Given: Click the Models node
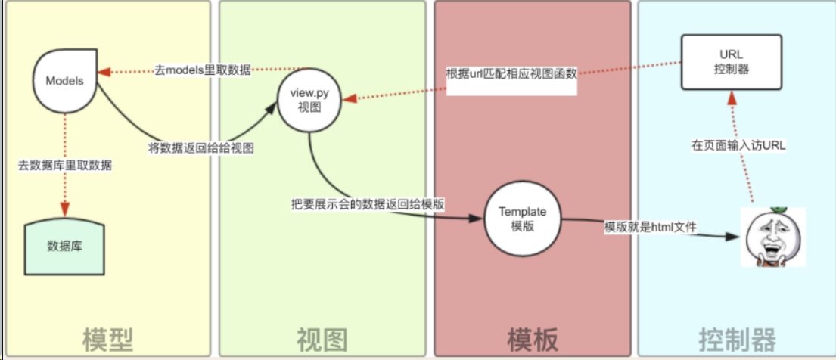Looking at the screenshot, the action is coord(65,80).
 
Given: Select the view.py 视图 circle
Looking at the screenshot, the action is coord(309,101).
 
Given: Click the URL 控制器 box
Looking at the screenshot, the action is coord(732,63).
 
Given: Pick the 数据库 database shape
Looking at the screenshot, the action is coord(64,246).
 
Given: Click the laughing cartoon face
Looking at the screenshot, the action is coord(773,237).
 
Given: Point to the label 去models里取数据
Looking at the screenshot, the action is coord(203,70).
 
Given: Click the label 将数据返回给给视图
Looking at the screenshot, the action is coord(200,149).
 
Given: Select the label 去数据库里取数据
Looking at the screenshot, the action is coord(65,166).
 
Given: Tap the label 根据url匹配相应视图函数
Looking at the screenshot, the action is coord(512,74).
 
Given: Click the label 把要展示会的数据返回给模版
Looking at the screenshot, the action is coord(368,203).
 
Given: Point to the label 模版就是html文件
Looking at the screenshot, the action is coord(650,228).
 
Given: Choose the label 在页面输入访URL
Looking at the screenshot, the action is coord(739,147).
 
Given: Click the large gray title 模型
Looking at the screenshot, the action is coord(107,338).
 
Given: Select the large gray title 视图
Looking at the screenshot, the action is coord(322,338).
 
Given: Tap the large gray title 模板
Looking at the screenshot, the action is coord(532,338).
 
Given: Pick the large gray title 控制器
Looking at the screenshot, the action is coord(738,338).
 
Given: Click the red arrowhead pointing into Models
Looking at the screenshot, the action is coord(103,71).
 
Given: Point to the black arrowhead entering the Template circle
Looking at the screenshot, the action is coord(476,219).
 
